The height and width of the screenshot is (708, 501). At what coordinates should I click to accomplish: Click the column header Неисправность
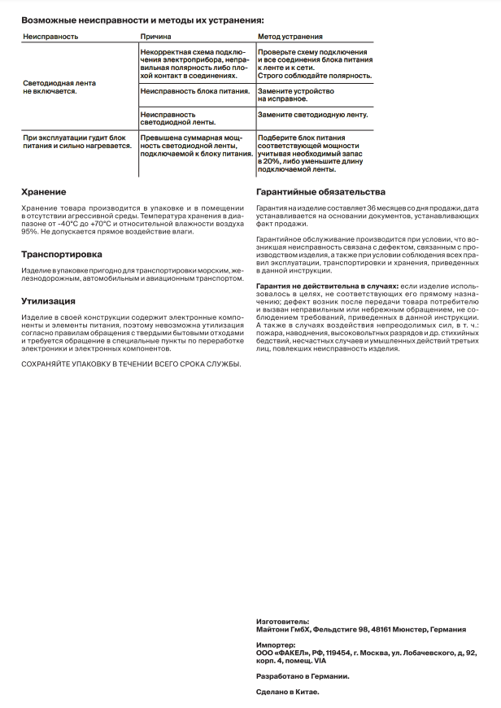pyautogui.click(x=50, y=37)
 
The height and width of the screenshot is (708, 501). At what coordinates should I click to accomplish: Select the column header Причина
pyautogui.click(x=155, y=37)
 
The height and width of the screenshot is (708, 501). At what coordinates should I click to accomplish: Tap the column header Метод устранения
pyautogui.click(x=290, y=37)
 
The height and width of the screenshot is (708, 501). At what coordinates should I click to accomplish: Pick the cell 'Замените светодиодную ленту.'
pyautogui.click(x=313, y=115)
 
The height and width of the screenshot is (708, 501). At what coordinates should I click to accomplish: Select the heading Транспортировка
pyautogui.click(x=61, y=254)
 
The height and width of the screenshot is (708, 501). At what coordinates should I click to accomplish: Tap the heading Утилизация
pyautogui.click(x=48, y=300)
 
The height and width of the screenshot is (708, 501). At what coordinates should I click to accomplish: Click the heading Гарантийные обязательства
pyautogui.click(x=320, y=192)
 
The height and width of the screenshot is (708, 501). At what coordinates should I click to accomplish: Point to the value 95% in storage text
pyautogui.click(x=28, y=232)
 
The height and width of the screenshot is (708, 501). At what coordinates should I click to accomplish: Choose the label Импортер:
pyautogui.click(x=276, y=645)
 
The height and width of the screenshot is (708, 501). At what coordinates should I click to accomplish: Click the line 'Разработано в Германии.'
pyautogui.click(x=303, y=675)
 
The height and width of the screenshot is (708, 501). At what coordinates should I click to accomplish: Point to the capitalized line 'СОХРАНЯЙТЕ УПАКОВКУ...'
pyautogui.click(x=130, y=363)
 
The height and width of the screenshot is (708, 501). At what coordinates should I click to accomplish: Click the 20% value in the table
pyautogui.click(x=270, y=162)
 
